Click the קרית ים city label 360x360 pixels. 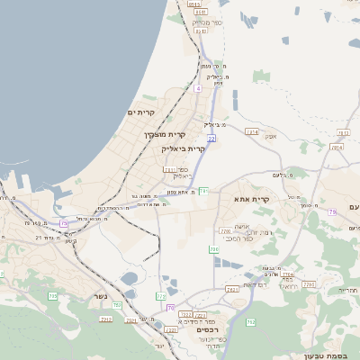point(142,112)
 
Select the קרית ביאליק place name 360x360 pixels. point(184,148)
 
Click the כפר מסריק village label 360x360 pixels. point(207,22)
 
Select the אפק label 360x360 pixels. point(271,136)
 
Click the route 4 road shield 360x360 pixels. point(198,89)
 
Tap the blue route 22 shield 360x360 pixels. point(211,139)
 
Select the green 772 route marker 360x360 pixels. point(161,295)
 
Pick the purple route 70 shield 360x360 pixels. point(171,308)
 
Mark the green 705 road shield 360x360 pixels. point(52,295)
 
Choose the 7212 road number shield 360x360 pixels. point(106,319)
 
